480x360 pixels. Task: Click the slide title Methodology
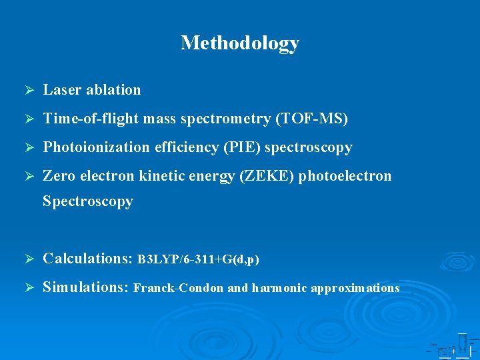[240, 43]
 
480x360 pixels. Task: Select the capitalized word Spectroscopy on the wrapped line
[87, 201]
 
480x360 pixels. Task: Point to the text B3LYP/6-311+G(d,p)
[198, 259]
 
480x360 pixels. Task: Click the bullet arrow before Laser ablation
[29, 90]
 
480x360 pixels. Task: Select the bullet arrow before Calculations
[29, 259]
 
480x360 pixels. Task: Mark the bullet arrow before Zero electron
[29, 176]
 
